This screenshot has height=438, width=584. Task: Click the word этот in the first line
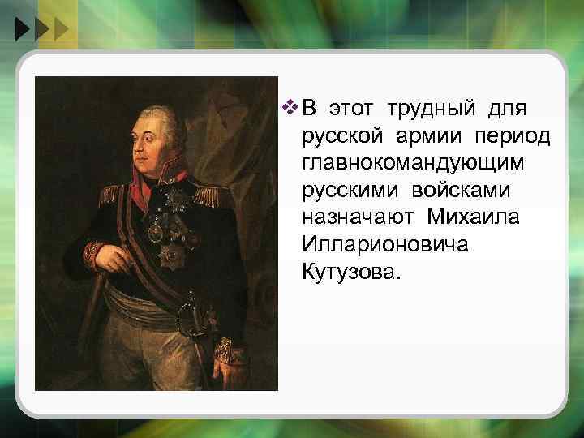(353, 107)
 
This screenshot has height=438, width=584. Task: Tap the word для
(508, 107)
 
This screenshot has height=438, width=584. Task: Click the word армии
(428, 135)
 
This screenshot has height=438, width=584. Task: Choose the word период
(511, 135)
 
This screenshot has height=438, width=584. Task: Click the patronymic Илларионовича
(384, 245)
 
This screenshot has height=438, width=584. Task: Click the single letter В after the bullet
(310, 107)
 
